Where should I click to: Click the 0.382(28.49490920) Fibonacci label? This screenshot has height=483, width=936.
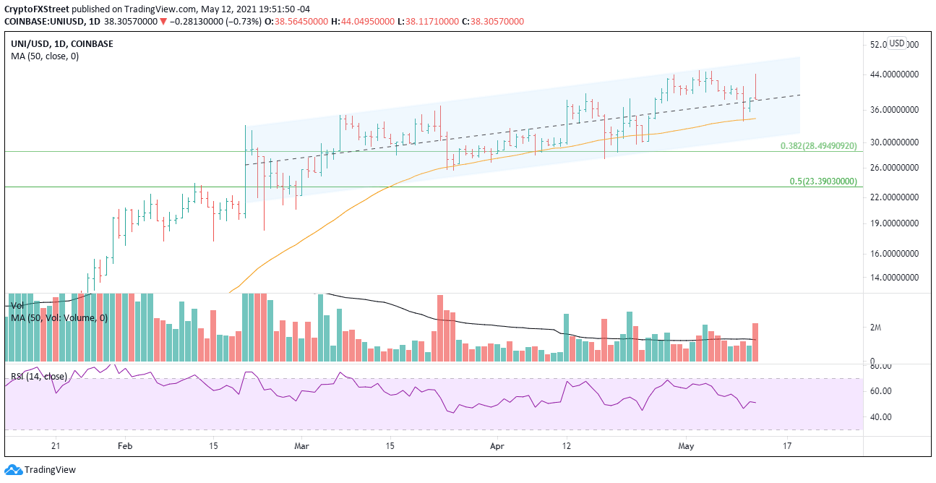(x=818, y=145)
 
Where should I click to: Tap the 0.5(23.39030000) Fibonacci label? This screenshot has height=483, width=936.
(x=823, y=181)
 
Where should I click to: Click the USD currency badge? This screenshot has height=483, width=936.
(x=896, y=43)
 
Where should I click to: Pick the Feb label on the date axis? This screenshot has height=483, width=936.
(x=125, y=446)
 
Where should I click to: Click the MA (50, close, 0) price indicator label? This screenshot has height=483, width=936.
(x=45, y=56)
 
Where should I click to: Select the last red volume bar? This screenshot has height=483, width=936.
(x=755, y=342)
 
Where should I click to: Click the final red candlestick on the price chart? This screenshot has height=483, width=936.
(x=755, y=87)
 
